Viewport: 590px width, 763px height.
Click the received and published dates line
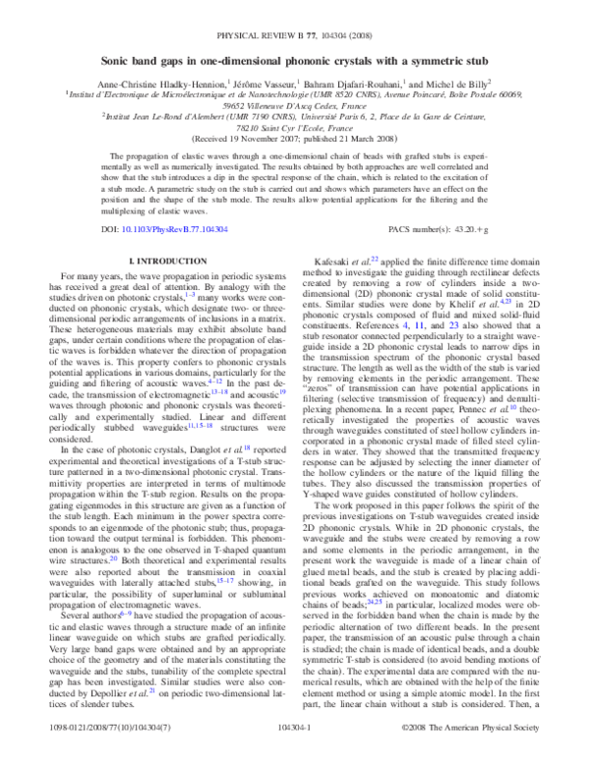click(x=294, y=139)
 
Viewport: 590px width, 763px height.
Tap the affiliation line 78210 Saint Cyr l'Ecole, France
click(x=294, y=127)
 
